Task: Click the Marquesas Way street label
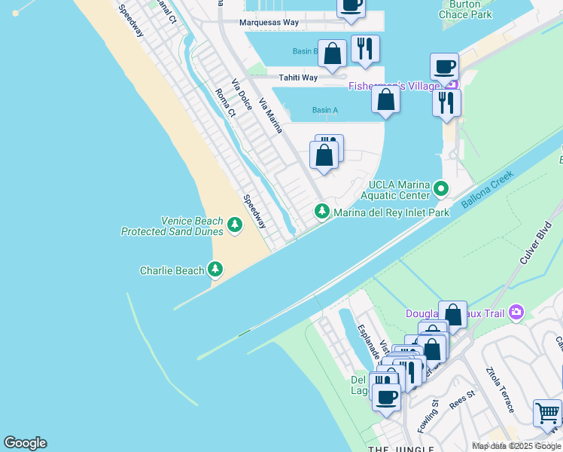269,23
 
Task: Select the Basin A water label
325,111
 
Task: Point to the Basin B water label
304,52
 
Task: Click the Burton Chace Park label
464,9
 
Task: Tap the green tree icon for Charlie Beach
216,270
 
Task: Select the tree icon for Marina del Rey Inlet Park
323,212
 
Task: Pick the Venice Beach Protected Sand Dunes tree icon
235,224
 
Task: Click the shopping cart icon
547,413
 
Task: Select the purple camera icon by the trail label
516,312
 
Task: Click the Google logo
25,443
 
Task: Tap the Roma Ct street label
225,103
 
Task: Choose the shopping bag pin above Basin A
385,99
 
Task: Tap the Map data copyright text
516,446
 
